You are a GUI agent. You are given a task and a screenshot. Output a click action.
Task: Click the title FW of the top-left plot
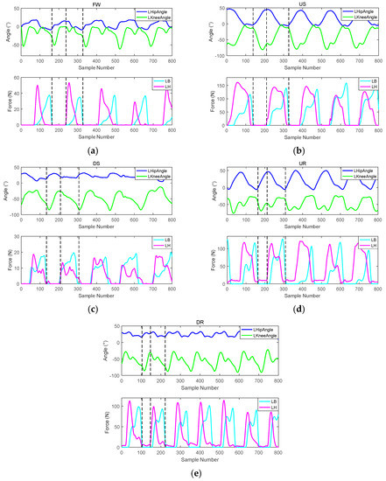[95, 5]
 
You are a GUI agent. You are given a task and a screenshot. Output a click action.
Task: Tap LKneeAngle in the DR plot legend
[261, 337]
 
